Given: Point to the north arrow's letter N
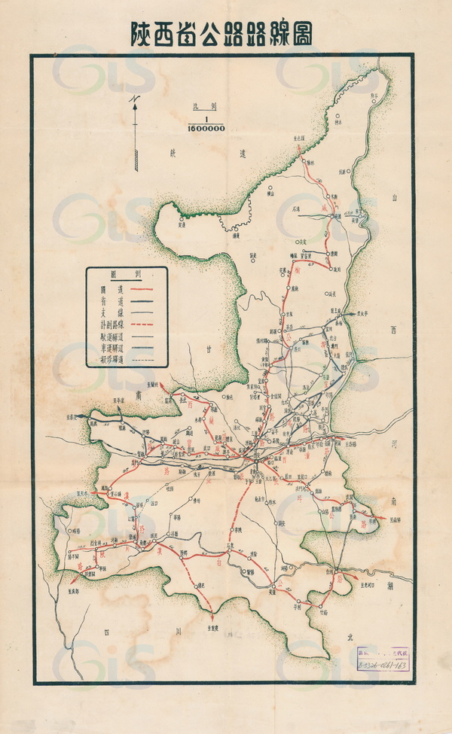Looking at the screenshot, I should (133, 99).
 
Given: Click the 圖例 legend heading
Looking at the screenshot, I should (127, 275).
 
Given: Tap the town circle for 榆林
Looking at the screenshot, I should (310, 163).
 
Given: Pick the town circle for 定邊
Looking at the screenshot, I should (182, 218).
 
